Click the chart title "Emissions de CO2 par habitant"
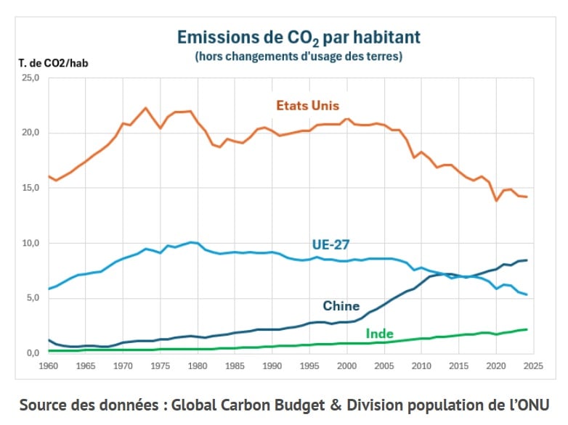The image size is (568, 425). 299,37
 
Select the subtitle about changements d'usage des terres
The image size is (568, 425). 299,56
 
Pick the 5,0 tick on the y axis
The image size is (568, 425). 32,298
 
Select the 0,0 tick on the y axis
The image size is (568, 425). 32,353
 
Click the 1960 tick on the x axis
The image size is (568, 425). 49,366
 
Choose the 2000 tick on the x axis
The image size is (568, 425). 348,366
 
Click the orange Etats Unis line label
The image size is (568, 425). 307,106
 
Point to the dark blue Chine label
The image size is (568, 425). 341,306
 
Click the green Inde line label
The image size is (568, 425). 379,334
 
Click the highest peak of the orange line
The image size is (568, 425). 146,108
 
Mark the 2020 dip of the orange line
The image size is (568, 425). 497,200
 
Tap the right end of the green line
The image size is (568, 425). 527,329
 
